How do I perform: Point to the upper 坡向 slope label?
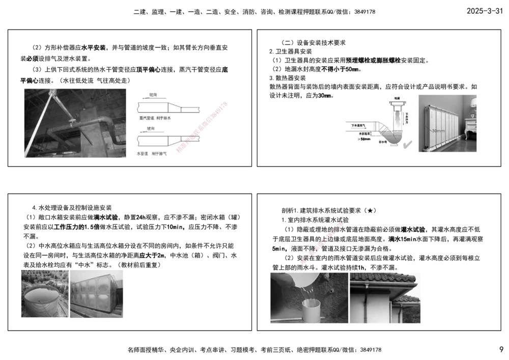153,95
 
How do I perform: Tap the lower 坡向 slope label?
151,129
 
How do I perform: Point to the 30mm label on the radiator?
438,131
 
